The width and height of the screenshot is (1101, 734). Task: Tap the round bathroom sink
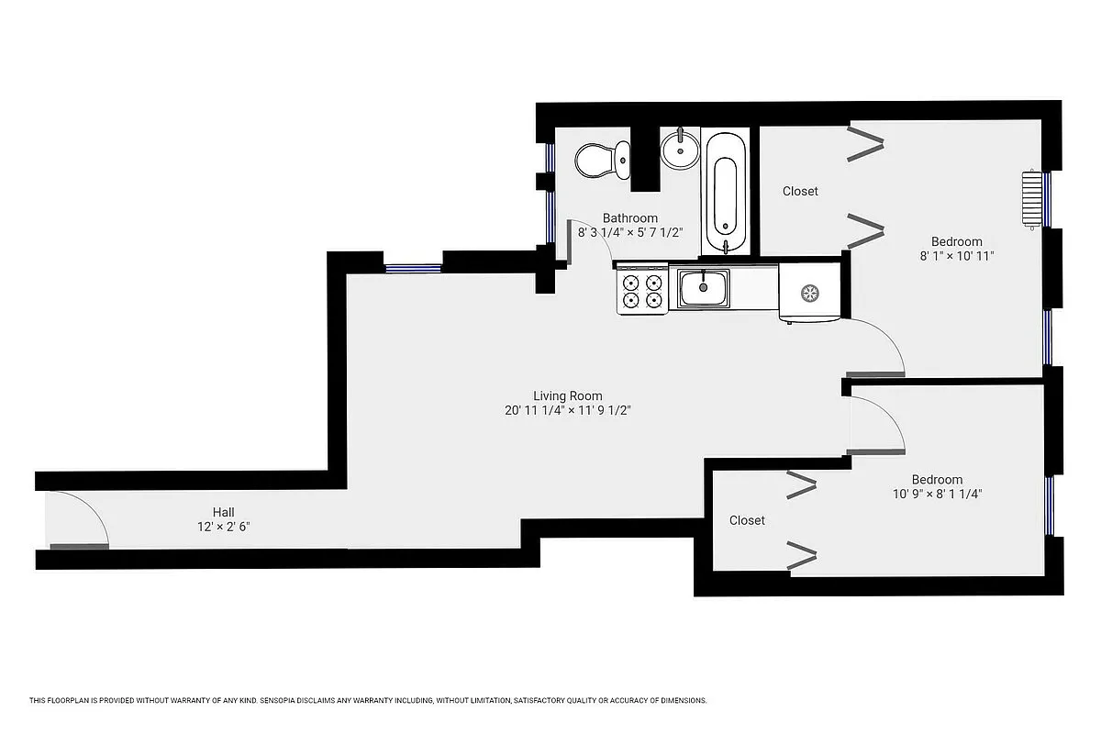click(x=680, y=150)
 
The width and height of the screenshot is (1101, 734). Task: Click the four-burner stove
click(x=641, y=290)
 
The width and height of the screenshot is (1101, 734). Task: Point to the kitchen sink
click(x=704, y=287)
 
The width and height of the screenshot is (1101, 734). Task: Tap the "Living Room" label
click(x=568, y=395)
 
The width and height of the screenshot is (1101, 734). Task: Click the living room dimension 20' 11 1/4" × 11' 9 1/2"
click(x=568, y=411)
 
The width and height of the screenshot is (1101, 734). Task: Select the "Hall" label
click(x=224, y=512)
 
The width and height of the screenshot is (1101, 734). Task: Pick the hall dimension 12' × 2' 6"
click(x=224, y=527)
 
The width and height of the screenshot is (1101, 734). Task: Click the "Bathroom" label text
click(x=629, y=218)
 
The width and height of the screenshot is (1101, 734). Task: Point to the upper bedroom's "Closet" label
click(x=800, y=191)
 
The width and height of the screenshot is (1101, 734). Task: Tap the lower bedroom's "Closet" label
click(x=747, y=520)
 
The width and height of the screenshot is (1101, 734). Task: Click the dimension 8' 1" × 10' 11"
click(x=957, y=256)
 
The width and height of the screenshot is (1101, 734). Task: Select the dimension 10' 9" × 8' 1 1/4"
click(x=937, y=494)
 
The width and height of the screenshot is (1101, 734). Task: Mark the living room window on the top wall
click(x=413, y=268)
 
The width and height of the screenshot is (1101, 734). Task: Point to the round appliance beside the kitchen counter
click(x=809, y=294)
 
